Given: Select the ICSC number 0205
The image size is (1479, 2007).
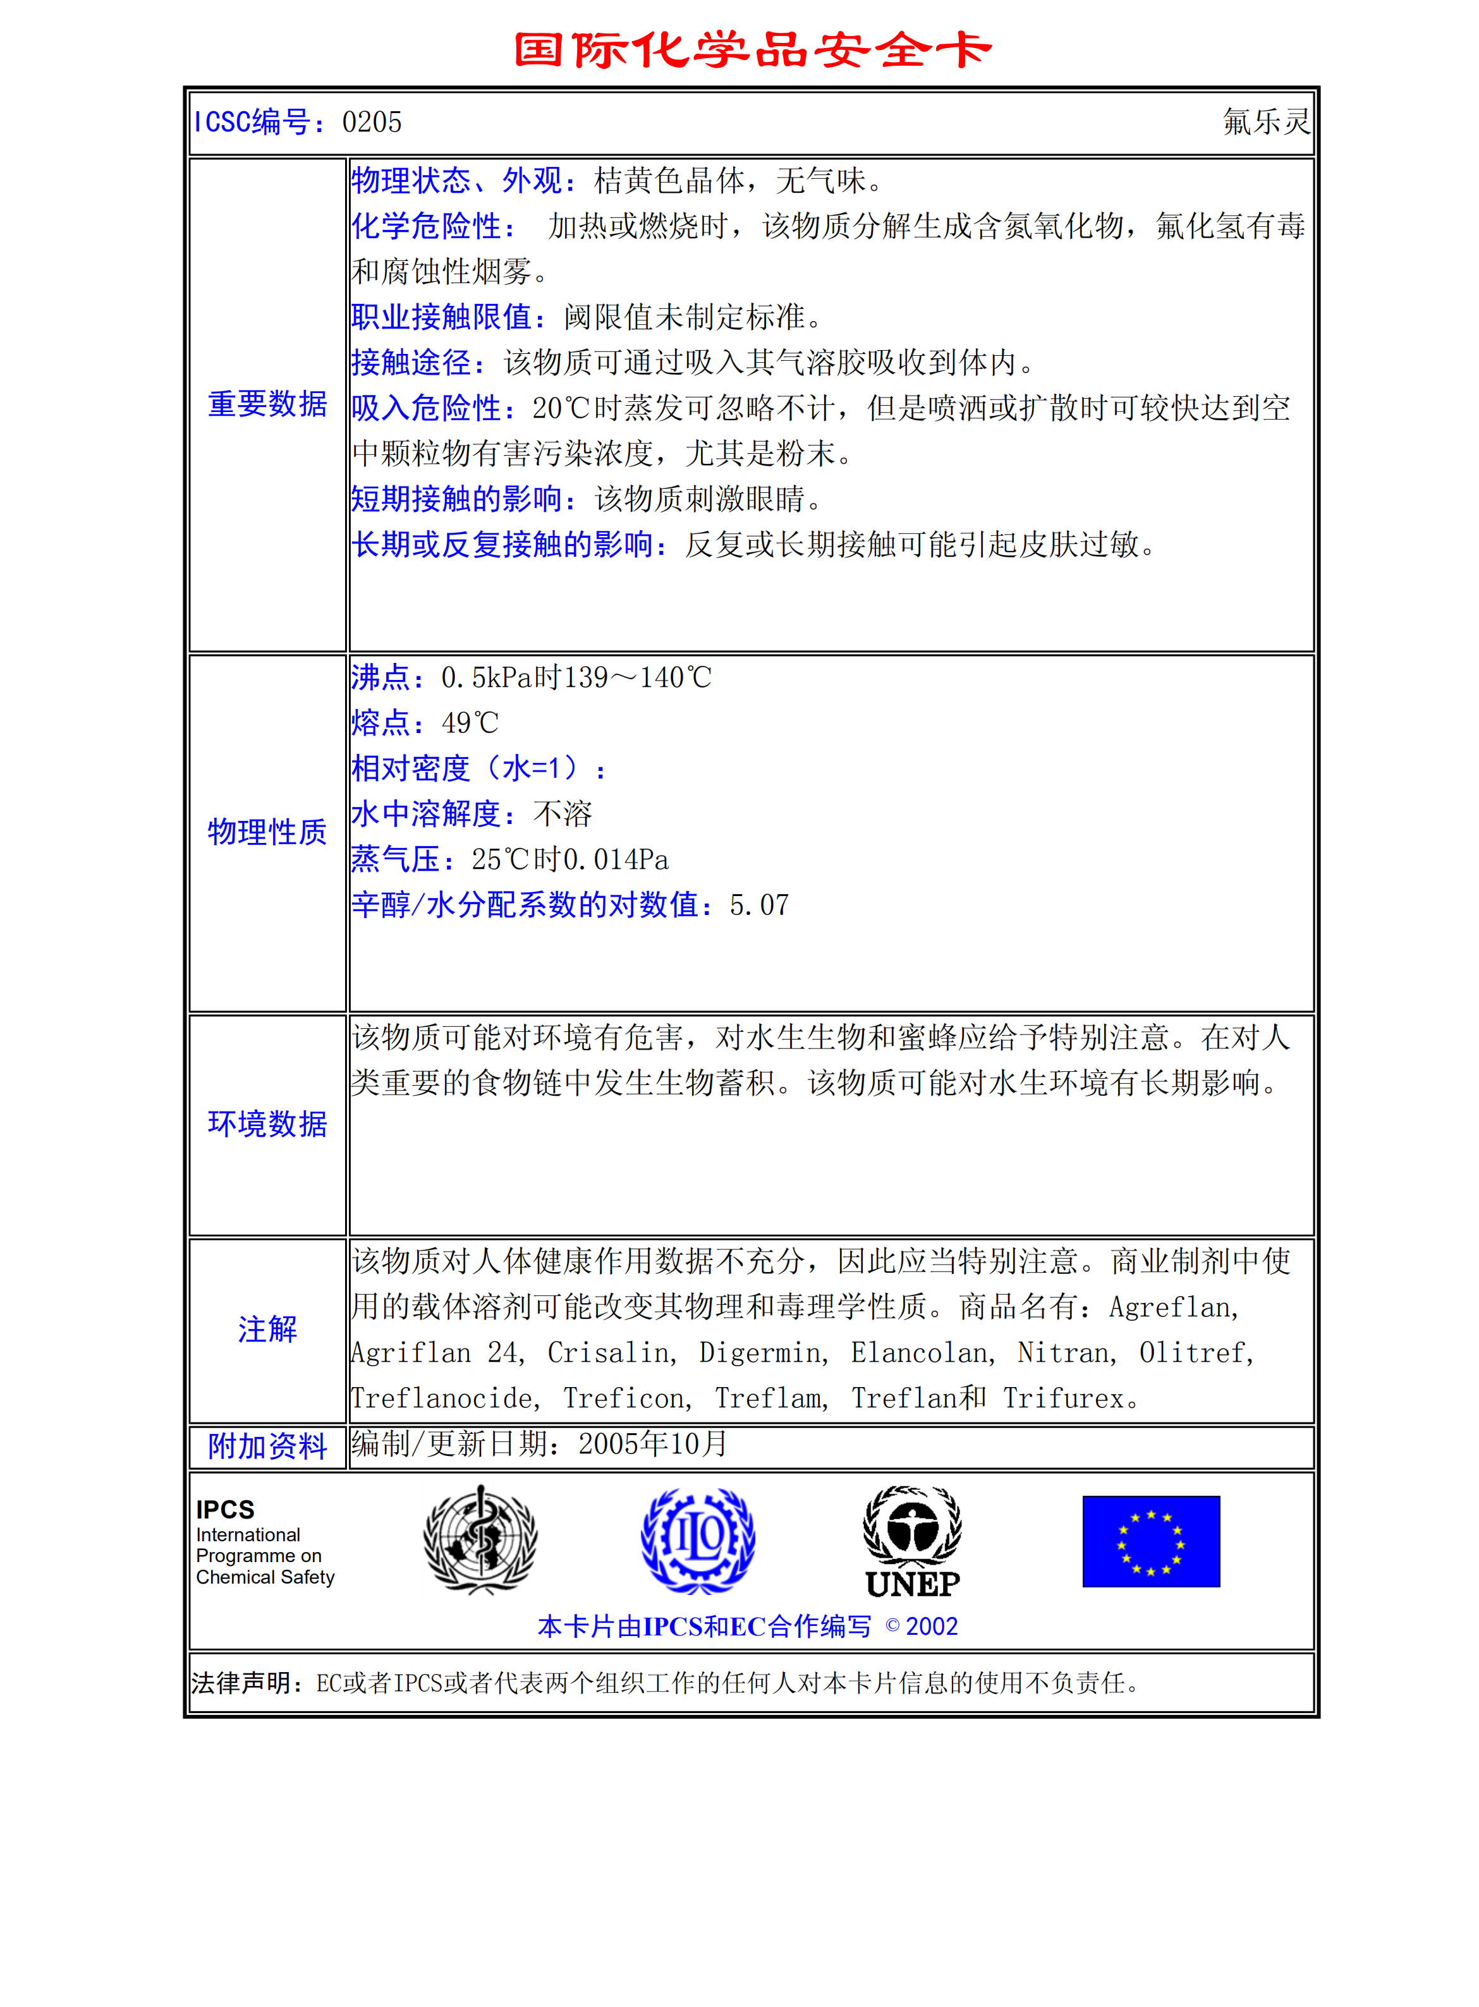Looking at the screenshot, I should pyautogui.click(x=372, y=122).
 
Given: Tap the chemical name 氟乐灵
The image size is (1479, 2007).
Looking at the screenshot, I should pyautogui.click(x=1265, y=122).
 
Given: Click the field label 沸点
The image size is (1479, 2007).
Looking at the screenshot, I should pyautogui.click(x=380, y=677).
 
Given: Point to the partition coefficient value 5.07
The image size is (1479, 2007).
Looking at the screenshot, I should pyautogui.click(x=759, y=905).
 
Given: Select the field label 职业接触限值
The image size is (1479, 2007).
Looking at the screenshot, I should pyautogui.click(x=442, y=317).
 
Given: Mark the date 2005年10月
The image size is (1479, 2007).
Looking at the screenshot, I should pyautogui.click(x=653, y=1444).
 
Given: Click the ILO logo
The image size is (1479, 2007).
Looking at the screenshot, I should pyautogui.click(x=698, y=1541).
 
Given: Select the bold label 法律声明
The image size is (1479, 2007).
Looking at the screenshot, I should pyautogui.click(x=241, y=1684).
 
